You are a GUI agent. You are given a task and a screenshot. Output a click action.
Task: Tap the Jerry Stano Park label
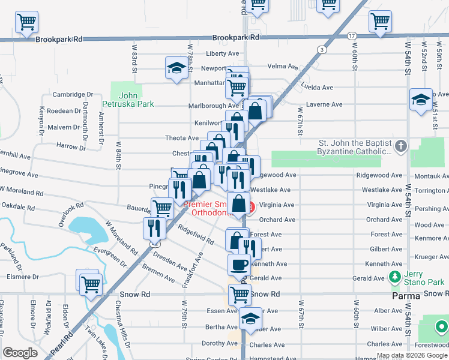click(x=424, y=278)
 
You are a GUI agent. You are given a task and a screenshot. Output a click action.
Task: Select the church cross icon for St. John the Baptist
click(x=402, y=146)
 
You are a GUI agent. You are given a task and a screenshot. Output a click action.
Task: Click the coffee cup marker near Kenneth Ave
click(x=238, y=264)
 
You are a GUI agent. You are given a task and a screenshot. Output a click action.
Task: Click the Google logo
click(x=20, y=352)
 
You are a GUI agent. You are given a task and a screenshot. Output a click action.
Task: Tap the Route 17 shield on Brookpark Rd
click(x=351, y=36)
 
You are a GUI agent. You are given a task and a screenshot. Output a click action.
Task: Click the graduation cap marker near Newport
click(x=176, y=69)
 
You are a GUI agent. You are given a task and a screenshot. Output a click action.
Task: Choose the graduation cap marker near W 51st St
click(x=421, y=99)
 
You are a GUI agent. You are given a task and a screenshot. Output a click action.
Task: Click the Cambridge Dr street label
click(x=73, y=94)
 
